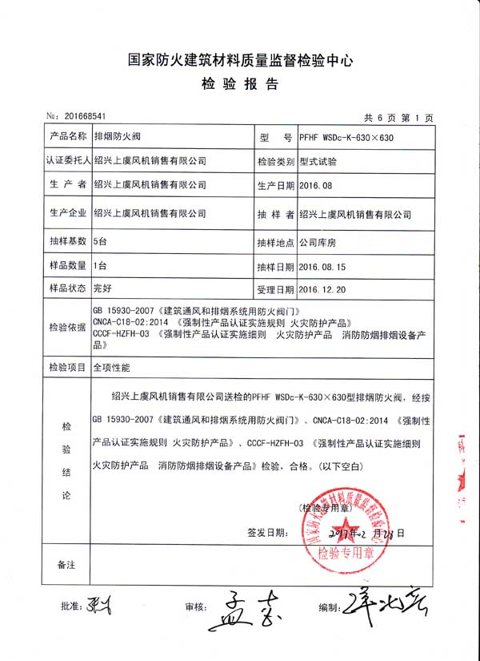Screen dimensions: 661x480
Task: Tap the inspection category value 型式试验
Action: click(318, 161)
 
